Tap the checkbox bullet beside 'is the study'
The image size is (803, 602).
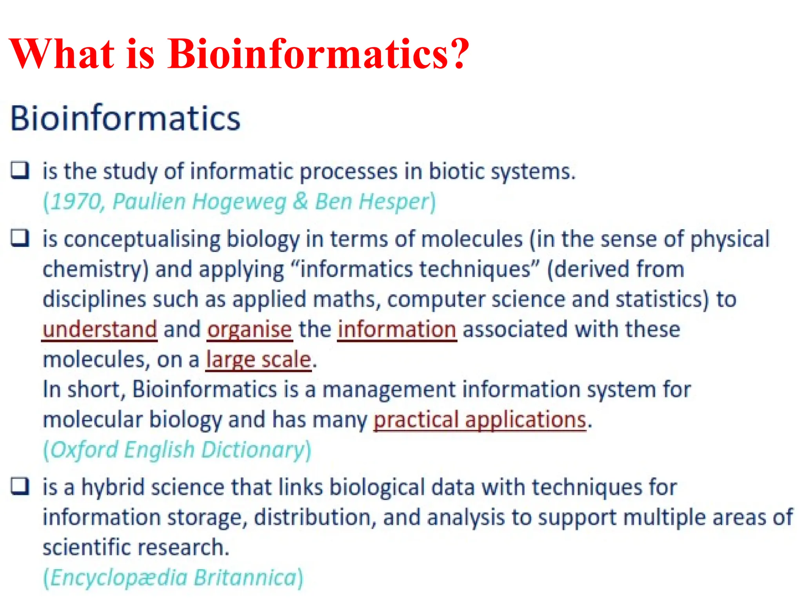(20, 170)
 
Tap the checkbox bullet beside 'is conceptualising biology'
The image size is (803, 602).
(20, 238)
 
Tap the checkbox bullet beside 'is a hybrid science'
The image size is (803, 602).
(20, 486)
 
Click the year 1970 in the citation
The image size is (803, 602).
(76, 201)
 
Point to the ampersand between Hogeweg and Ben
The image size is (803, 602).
(300, 201)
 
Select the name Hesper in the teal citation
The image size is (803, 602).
(394, 202)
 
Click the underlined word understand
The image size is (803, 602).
(100, 329)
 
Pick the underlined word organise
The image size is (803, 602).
(250, 329)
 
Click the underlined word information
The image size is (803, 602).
(397, 329)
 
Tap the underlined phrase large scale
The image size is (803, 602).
(259, 359)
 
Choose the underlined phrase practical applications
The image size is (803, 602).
(480, 420)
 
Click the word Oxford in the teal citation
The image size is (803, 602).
(84, 450)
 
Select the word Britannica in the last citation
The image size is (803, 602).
(245, 578)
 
